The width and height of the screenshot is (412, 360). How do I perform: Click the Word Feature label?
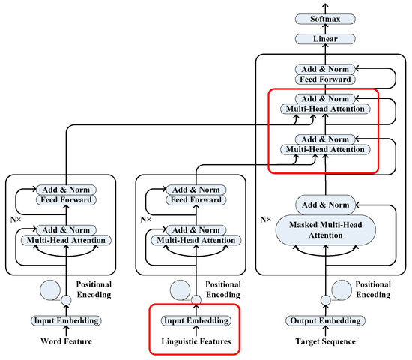click(66, 342)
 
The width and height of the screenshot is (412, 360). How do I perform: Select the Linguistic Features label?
click(197, 342)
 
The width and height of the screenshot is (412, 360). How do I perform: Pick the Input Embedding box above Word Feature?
click(66, 320)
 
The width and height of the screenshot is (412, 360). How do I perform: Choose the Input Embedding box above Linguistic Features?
click(197, 320)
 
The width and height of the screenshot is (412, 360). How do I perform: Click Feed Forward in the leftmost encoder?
click(67, 200)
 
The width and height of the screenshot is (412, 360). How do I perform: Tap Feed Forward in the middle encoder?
click(197, 200)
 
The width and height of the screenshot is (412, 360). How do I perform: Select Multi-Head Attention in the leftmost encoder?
click(67, 239)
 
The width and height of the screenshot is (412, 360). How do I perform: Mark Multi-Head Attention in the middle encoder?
click(197, 239)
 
